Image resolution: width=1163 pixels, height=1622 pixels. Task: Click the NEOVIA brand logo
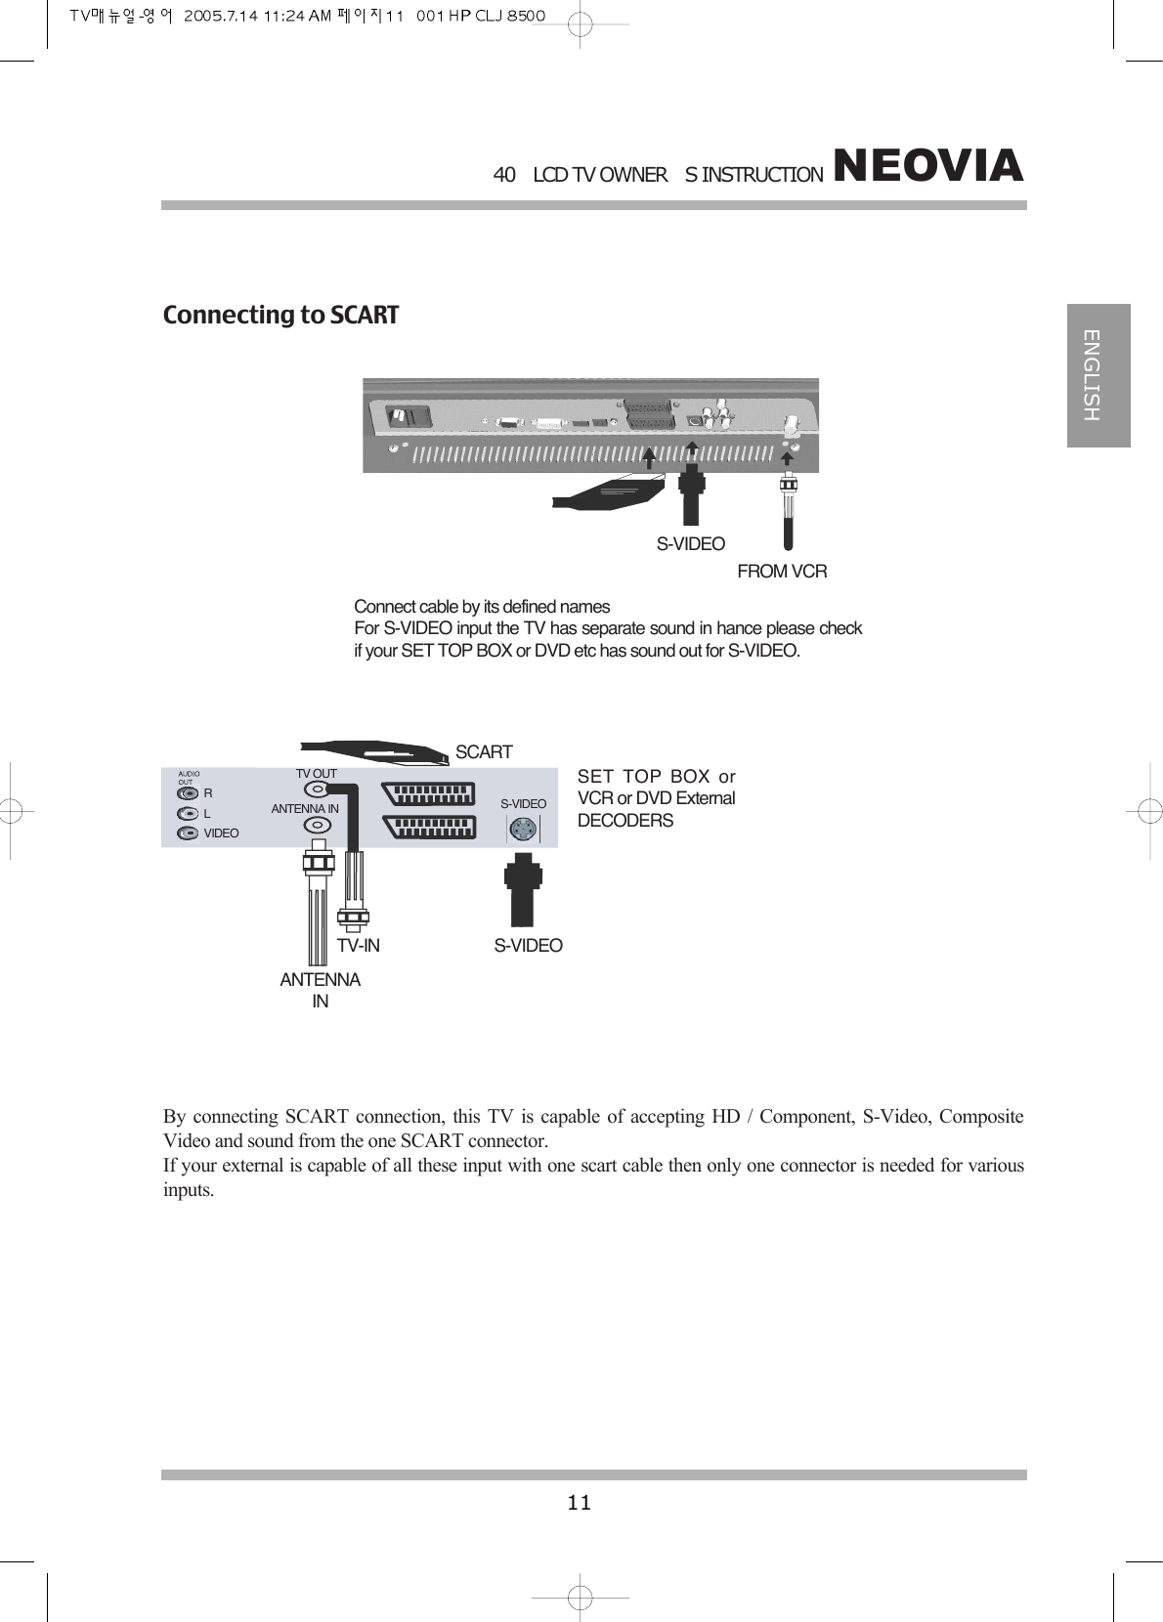tap(927, 166)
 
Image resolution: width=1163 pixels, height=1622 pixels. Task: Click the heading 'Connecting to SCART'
tap(280, 316)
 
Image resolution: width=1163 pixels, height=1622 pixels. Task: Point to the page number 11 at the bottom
tap(580, 1503)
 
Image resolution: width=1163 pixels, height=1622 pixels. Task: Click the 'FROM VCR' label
tap(782, 572)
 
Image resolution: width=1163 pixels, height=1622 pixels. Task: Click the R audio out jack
tap(188, 793)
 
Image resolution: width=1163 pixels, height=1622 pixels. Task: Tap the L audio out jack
tap(188, 813)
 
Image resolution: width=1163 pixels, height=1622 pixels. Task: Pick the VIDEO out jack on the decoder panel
tap(188, 833)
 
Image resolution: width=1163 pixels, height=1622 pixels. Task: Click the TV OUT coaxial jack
tap(316, 790)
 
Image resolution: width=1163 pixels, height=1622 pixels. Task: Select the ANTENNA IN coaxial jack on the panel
tap(316, 825)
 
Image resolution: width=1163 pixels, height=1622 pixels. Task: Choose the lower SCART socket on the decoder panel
tap(430, 827)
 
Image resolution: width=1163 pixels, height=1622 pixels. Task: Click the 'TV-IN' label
tap(359, 946)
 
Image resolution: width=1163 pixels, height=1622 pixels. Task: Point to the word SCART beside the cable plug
tap(484, 752)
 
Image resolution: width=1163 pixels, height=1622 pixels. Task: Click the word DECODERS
tap(625, 821)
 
